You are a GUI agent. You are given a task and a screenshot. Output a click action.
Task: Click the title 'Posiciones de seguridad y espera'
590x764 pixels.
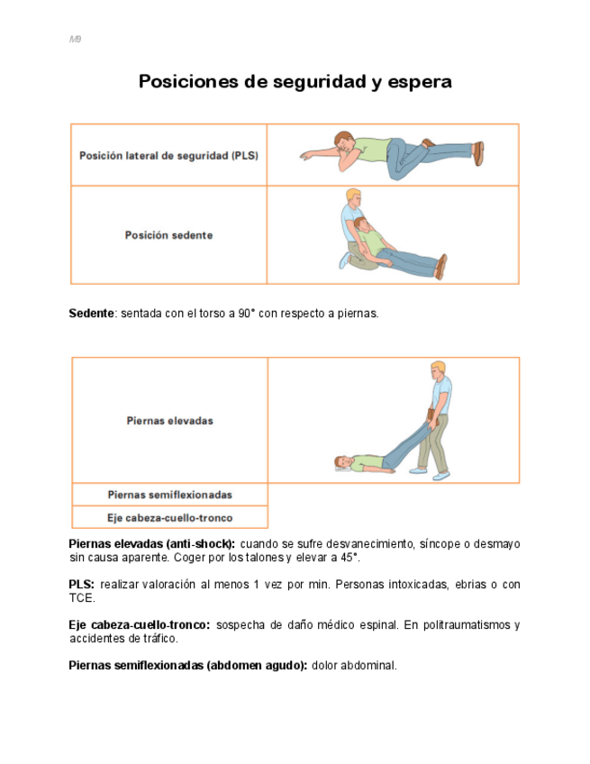click(295, 82)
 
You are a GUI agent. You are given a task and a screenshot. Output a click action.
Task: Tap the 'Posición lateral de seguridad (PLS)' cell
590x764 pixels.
click(169, 155)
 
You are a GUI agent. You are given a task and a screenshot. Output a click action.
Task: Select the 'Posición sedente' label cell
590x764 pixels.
click(169, 235)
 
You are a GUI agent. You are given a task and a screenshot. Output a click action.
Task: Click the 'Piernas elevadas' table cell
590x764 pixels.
click(169, 420)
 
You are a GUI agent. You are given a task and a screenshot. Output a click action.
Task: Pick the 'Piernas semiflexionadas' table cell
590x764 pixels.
click(169, 495)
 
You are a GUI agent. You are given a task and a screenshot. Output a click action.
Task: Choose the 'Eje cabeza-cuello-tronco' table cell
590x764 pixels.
click(169, 518)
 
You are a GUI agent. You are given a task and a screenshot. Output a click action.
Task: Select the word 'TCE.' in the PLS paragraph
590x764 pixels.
click(82, 597)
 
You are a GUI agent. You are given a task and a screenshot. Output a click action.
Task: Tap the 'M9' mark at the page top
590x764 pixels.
click(75, 40)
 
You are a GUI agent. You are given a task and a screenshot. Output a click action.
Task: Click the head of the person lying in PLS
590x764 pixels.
click(342, 141)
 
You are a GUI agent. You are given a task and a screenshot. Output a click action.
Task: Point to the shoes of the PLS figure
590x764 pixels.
click(478, 152)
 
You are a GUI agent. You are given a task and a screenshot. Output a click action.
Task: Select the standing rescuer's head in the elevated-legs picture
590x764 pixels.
click(438, 370)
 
